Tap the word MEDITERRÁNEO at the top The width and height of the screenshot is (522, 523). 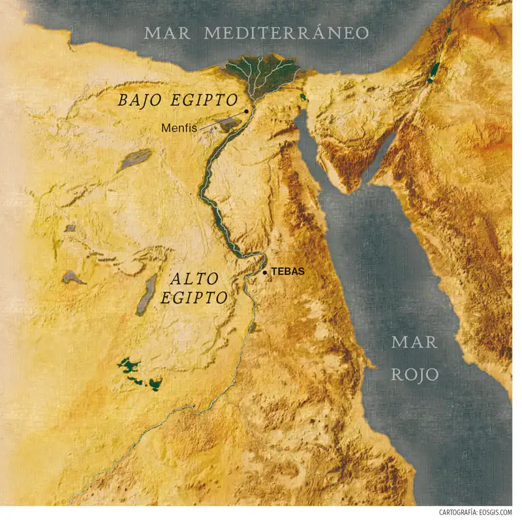pos(286,33)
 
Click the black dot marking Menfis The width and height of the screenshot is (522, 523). pos(247,112)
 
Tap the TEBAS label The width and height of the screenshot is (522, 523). pos(288,272)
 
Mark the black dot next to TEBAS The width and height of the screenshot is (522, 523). pos(265,272)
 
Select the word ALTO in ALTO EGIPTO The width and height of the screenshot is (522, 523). pos(192,280)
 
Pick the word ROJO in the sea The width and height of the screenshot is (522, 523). pos(415,374)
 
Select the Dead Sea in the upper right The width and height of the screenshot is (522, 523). pos(433,72)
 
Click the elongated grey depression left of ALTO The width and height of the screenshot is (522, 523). pos(147,295)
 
